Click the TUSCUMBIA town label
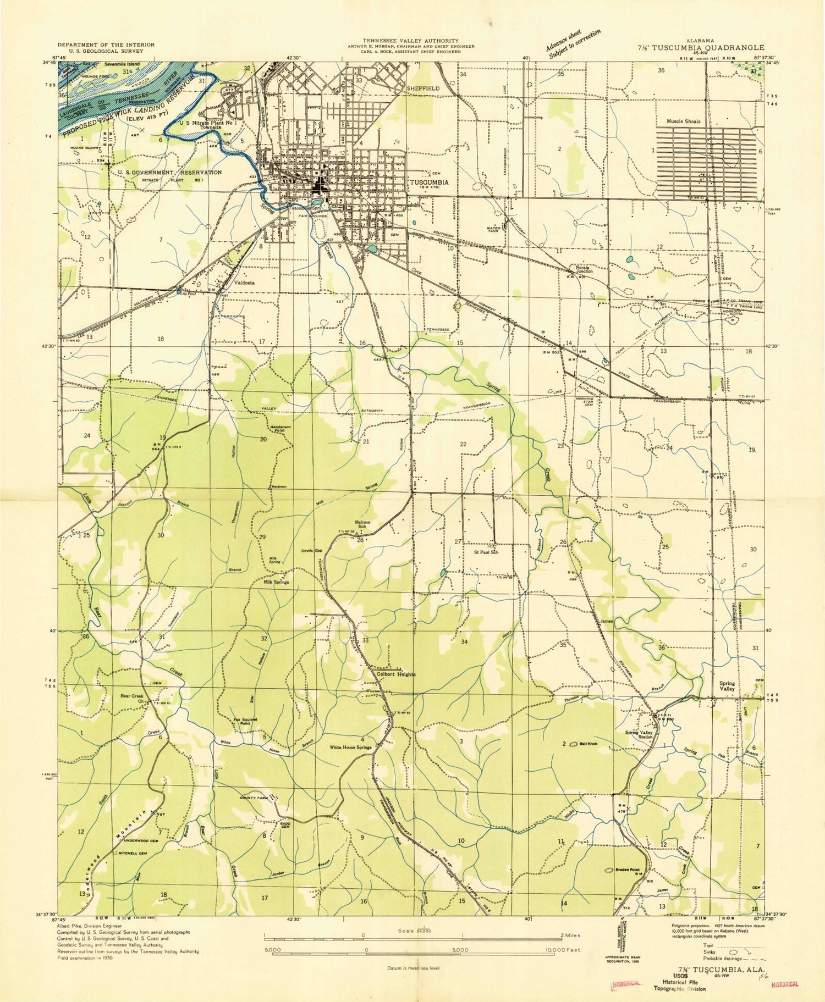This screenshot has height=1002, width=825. (x=428, y=182)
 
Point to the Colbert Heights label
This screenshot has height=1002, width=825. (x=395, y=674)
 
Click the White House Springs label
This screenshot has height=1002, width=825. (x=350, y=748)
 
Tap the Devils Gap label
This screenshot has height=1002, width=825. (x=311, y=551)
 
